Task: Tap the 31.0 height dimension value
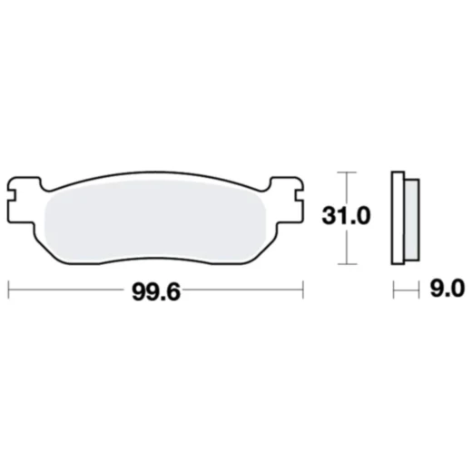tap(349, 217)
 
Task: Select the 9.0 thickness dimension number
tap(445, 290)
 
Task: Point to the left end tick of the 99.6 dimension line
tap(8, 290)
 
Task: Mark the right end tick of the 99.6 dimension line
tap(302, 290)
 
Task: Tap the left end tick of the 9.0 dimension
tap(393, 290)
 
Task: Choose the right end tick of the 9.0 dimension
tap(419, 290)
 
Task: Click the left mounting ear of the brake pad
tap(20, 193)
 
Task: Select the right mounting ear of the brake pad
tap(287, 193)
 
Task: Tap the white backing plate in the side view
tap(397, 217)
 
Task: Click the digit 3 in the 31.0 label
tap(329, 217)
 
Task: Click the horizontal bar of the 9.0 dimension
tap(406, 290)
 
